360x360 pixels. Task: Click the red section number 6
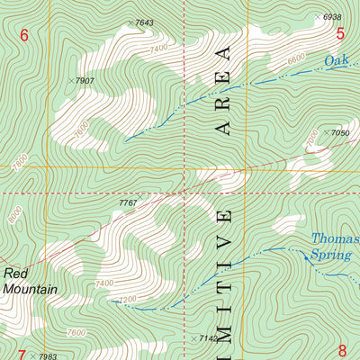24,35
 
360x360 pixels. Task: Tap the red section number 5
341,34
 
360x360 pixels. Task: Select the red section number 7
22,354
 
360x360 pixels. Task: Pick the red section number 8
342,351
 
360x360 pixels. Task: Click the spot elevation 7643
144,22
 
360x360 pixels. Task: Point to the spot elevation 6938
331,17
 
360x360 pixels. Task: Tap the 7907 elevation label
85,81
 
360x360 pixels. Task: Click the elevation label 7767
128,203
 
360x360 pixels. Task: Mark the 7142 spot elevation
207,338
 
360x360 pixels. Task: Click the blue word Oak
337,60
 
